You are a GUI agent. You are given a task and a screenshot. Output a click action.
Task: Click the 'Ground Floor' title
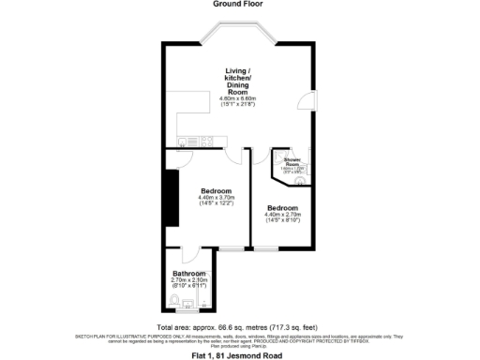coord(239,4)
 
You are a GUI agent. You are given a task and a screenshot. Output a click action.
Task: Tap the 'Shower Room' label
coord(296,161)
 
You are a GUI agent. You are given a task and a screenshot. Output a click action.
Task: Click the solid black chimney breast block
coord(171,196)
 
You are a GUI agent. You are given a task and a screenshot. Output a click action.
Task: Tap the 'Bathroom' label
coord(187,273)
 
